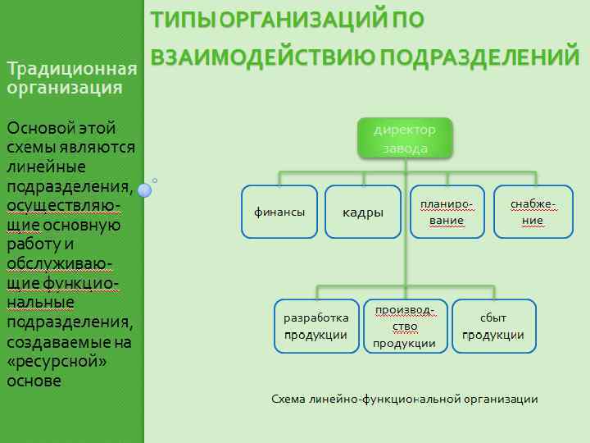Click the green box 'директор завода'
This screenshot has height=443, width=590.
(405, 139)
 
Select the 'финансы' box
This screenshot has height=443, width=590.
(279, 212)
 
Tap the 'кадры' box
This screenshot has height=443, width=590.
(363, 212)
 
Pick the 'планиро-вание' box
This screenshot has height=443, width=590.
(447, 212)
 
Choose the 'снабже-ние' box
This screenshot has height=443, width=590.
(532, 212)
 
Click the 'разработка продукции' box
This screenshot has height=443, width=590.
(316, 326)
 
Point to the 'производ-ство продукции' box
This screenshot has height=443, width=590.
(405, 326)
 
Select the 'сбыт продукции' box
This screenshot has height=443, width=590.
(493, 326)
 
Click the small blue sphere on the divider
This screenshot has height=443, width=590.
(145, 190)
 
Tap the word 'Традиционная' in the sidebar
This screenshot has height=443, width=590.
(70, 69)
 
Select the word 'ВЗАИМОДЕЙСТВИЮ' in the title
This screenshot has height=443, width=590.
(263, 57)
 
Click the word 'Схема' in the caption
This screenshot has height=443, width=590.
(288, 400)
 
